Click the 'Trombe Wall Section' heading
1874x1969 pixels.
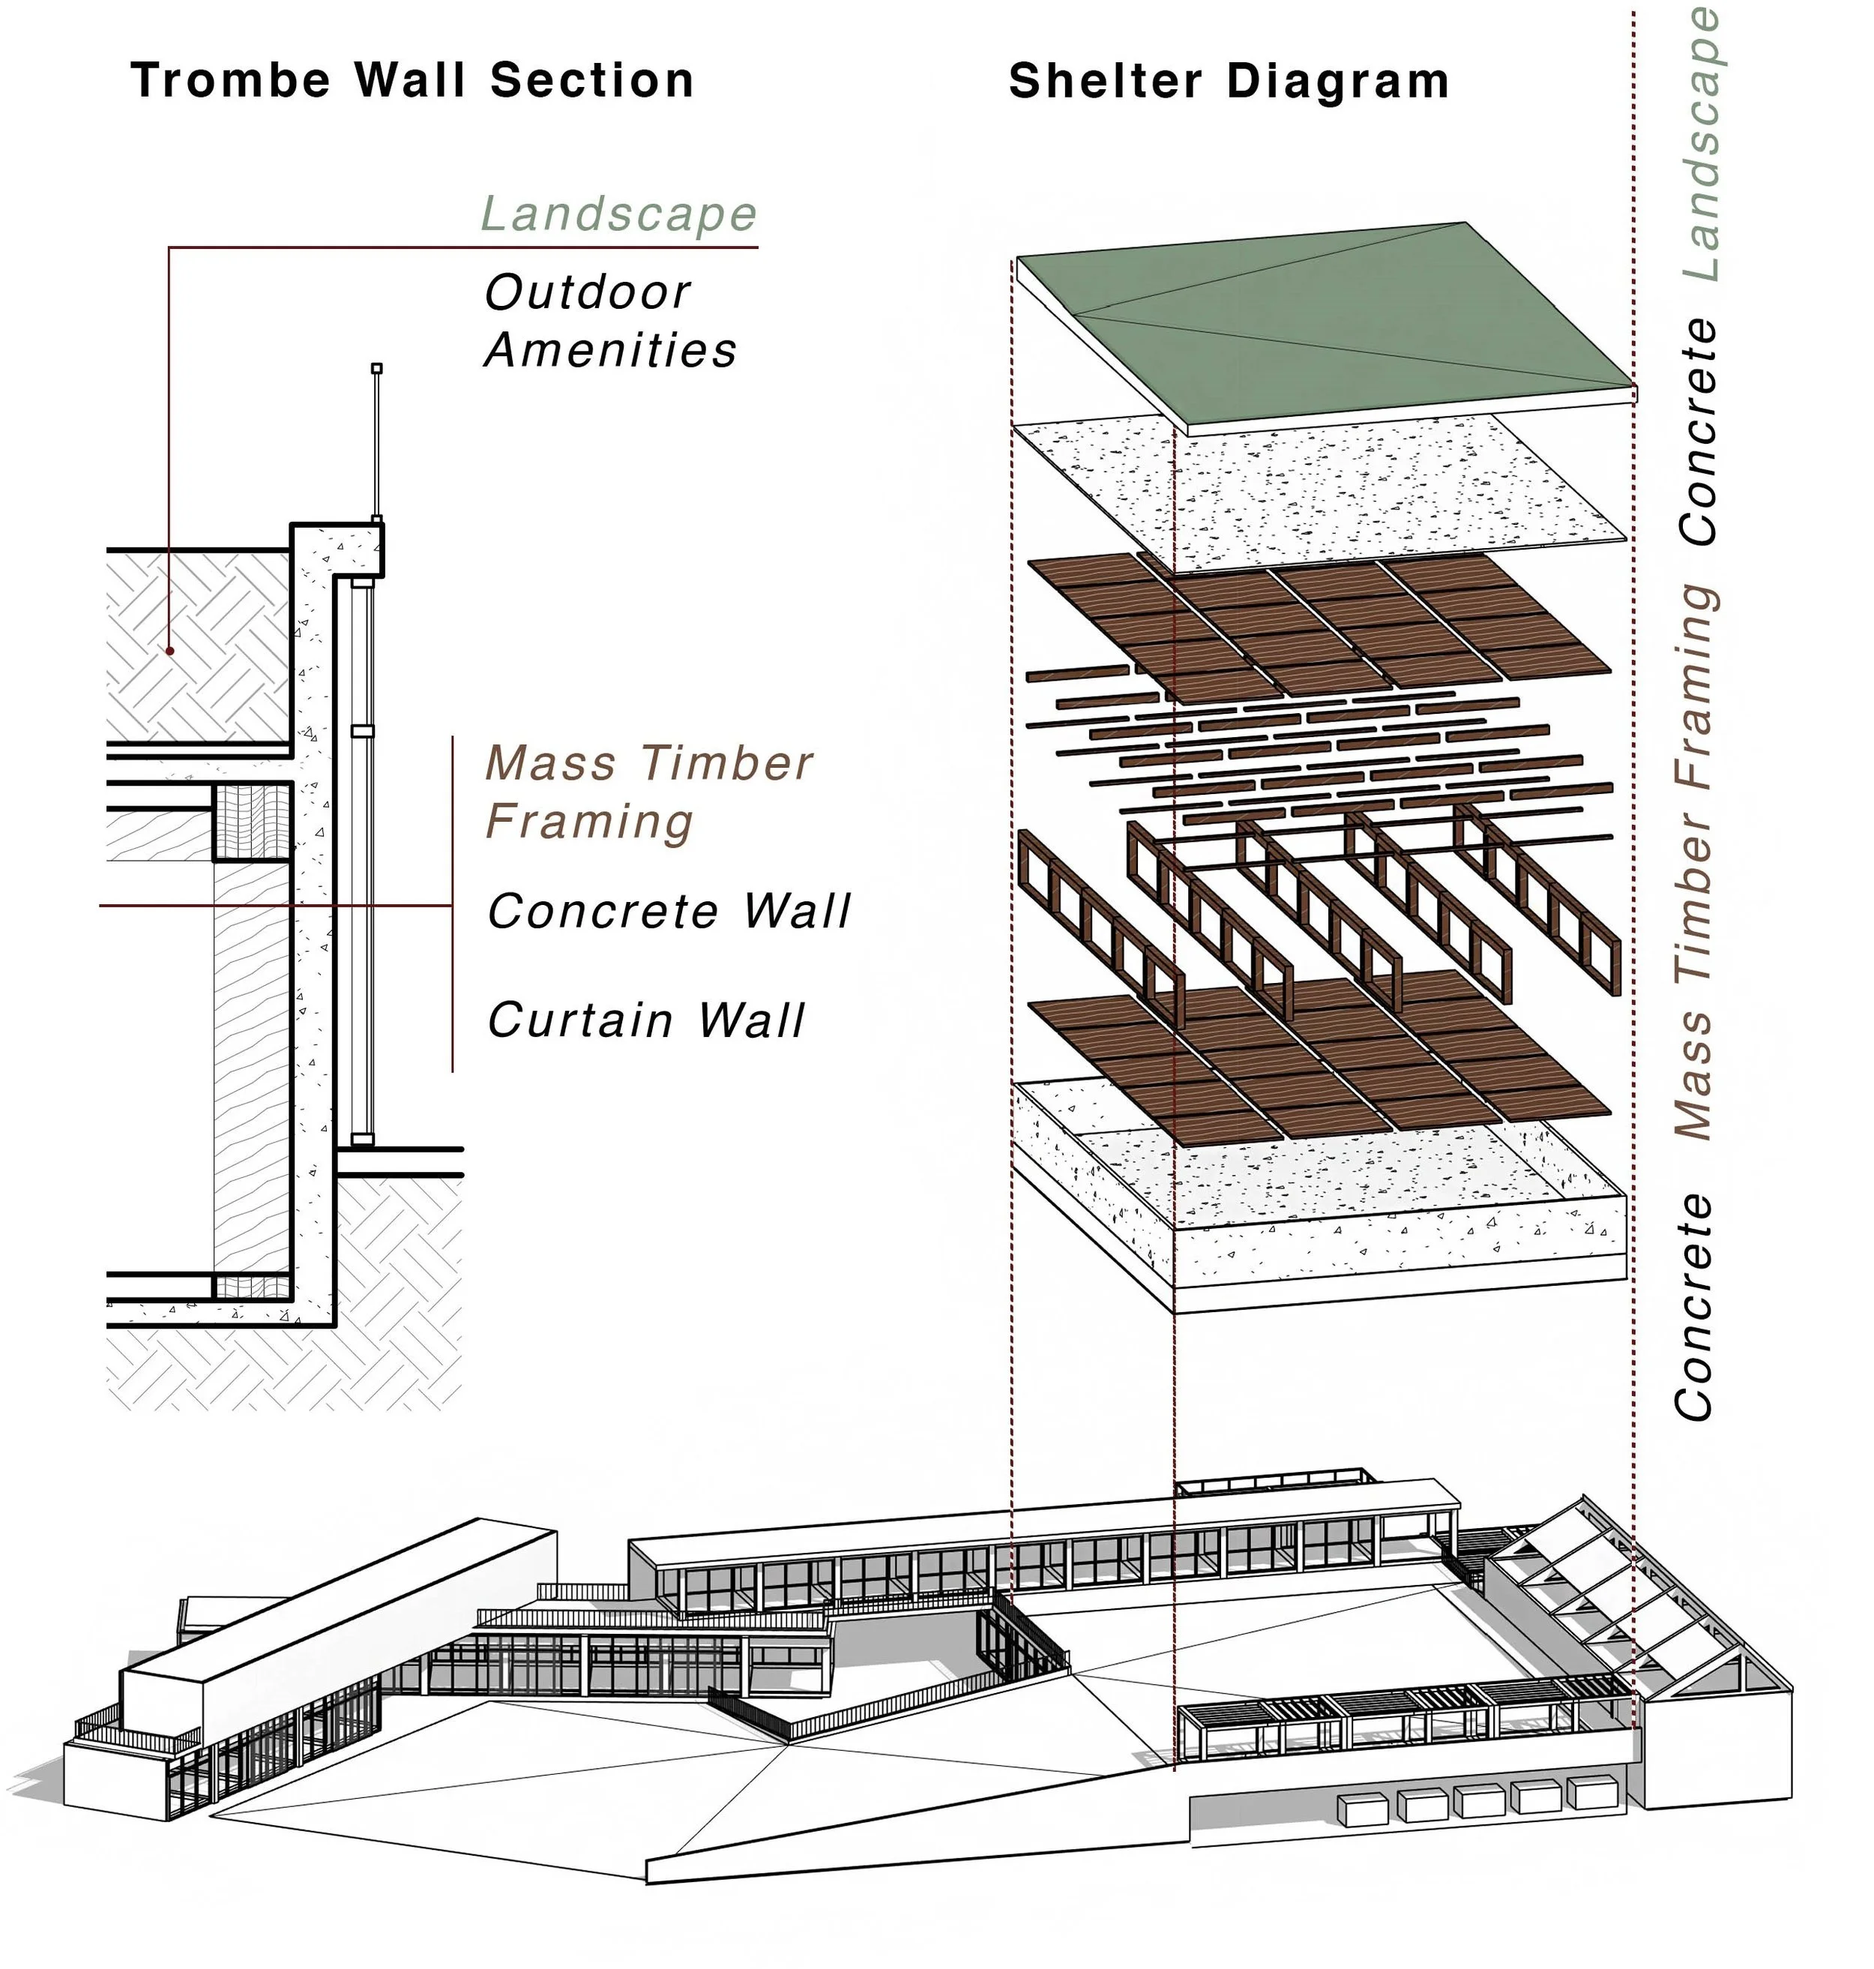(412, 80)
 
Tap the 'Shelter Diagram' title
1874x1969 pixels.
(1228, 81)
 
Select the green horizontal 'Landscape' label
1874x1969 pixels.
(618, 214)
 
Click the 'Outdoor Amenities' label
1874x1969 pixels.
(609, 321)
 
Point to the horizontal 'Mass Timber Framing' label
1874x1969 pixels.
(648, 793)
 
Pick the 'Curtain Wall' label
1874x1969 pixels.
(645, 1020)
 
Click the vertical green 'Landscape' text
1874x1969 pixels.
(1700, 145)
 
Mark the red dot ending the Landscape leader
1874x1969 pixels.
(170, 650)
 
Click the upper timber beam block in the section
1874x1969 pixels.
(253, 822)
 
